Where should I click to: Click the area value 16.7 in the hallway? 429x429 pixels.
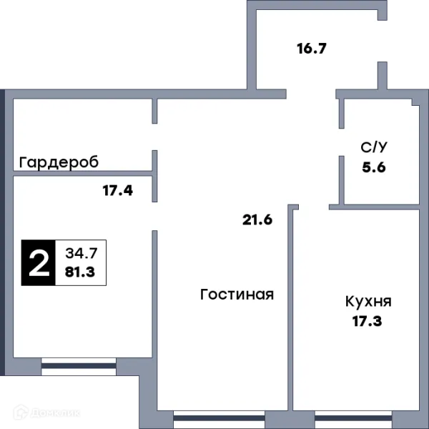[x=312, y=49]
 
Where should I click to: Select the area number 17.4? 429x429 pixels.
[x=117, y=191]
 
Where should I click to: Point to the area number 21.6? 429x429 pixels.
[x=257, y=220]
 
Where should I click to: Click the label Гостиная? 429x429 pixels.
[x=237, y=294]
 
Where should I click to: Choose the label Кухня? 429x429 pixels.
[x=368, y=301]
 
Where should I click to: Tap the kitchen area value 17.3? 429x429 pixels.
[x=368, y=321]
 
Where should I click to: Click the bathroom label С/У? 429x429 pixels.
[x=375, y=148]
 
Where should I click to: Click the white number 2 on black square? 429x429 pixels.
[x=38, y=262]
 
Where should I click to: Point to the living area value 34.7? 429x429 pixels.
[x=80, y=252]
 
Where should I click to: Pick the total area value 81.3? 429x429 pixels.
[x=80, y=272]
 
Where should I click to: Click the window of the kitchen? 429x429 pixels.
[x=347, y=418]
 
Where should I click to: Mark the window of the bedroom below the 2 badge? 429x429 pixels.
[x=78, y=365]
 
